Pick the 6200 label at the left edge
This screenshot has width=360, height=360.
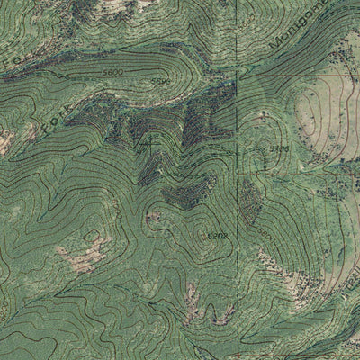click(x=4, y=310)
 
